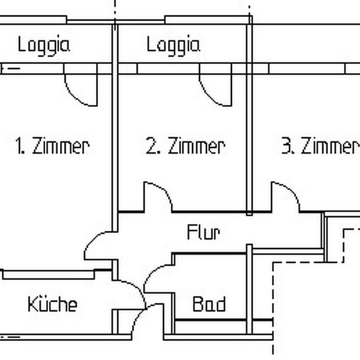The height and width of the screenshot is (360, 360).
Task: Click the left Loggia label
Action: pyautogui.click(x=43, y=45)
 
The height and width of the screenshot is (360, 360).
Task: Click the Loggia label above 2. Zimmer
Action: pyautogui.click(x=173, y=45)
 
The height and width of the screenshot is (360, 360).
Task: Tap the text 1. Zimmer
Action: pyautogui.click(x=52, y=146)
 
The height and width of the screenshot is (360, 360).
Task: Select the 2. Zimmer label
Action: pyautogui.click(x=185, y=146)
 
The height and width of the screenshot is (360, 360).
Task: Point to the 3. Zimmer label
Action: pyautogui.click(x=318, y=146)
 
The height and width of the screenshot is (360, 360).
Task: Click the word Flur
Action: pyautogui.click(x=203, y=233)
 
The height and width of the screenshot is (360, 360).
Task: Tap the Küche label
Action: pyautogui.click(x=52, y=304)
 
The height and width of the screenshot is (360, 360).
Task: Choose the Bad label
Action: pyautogui.click(x=209, y=304)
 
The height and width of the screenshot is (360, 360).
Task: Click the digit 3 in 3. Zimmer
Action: pyautogui.click(x=286, y=146)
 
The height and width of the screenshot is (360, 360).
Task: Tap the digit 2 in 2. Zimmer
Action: pyautogui.click(x=151, y=146)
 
